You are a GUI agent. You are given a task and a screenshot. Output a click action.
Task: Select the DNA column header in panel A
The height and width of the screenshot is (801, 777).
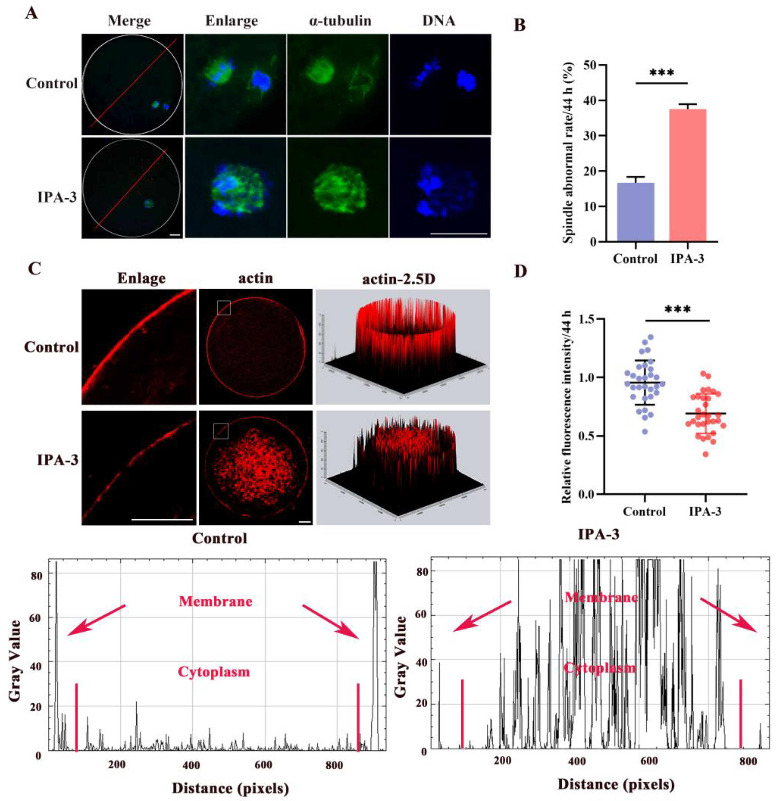pyautogui.click(x=439, y=20)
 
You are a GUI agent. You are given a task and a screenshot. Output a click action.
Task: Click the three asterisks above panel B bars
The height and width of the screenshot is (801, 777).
pyautogui.click(x=662, y=74)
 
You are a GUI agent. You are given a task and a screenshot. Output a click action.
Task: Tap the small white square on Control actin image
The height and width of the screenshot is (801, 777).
pyautogui.click(x=224, y=308)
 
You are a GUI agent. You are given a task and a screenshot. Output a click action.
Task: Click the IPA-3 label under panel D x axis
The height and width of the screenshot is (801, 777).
pyautogui.click(x=705, y=511)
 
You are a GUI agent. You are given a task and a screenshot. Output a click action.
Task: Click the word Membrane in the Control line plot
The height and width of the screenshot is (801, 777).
pyautogui.click(x=216, y=601)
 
